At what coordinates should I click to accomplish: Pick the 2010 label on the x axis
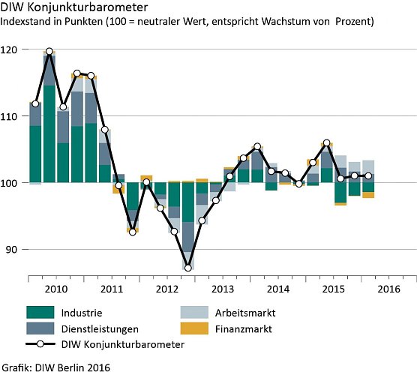pyautogui.click(x=56, y=288)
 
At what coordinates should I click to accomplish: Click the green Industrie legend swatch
pyautogui.click(x=41, y=313)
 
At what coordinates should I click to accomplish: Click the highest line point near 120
pyautogui.click(x=49, y=52)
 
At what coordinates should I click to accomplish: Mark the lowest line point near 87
pyautogui.click(x=187, y=268)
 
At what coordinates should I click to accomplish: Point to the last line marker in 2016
pyautogui.click(x=368, y=176)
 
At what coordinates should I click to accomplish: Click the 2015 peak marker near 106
pyautogui.click(x=326, y=142)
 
